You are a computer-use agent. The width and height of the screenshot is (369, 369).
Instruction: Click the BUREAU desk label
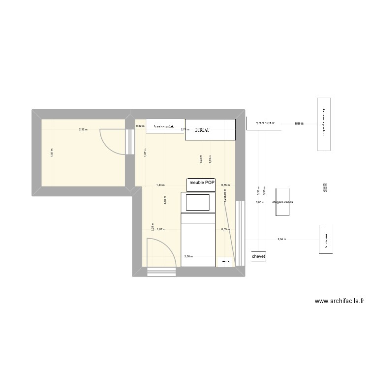coord(202,130)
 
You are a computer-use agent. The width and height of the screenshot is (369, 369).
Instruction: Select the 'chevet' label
coord(258,257)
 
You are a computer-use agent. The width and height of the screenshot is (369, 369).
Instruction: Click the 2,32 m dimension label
coord(83,130)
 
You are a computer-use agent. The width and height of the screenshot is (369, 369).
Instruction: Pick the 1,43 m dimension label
coord(160,185)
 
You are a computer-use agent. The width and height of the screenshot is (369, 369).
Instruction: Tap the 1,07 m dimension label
coord(160,230)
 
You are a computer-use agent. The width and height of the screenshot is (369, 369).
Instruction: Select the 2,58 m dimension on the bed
coord(188,256)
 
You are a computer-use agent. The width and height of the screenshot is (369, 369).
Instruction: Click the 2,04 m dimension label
coord(281,240)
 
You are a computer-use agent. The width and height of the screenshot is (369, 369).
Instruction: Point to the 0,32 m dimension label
coord(140,126)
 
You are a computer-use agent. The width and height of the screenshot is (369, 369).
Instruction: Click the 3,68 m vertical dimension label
coord(165,200)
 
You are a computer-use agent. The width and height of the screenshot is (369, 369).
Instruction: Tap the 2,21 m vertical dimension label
coord(153,227)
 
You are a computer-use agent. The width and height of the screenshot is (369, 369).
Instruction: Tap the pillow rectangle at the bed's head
coord(197,202)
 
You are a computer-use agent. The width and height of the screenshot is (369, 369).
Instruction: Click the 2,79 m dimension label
coord(185,130)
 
